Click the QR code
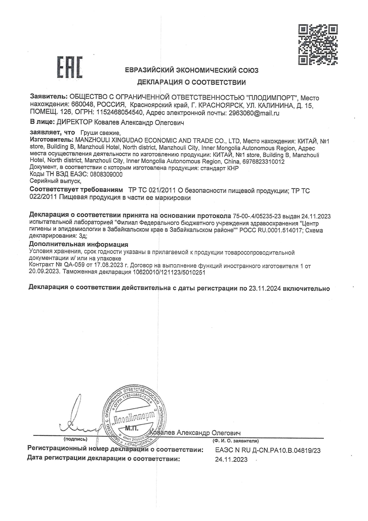[x=318, y=45]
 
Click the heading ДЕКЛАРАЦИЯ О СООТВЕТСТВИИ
[x=191, y=83]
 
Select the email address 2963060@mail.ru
[x=254, y=113]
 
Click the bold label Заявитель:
[x=49, y=97]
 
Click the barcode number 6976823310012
[x=263, y=162]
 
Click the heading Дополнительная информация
[x=79, y=244]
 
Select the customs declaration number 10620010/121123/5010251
[x=169, y=272]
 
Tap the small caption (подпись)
[x=75, y=439]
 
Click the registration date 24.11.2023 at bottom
[x=231, y=460]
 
